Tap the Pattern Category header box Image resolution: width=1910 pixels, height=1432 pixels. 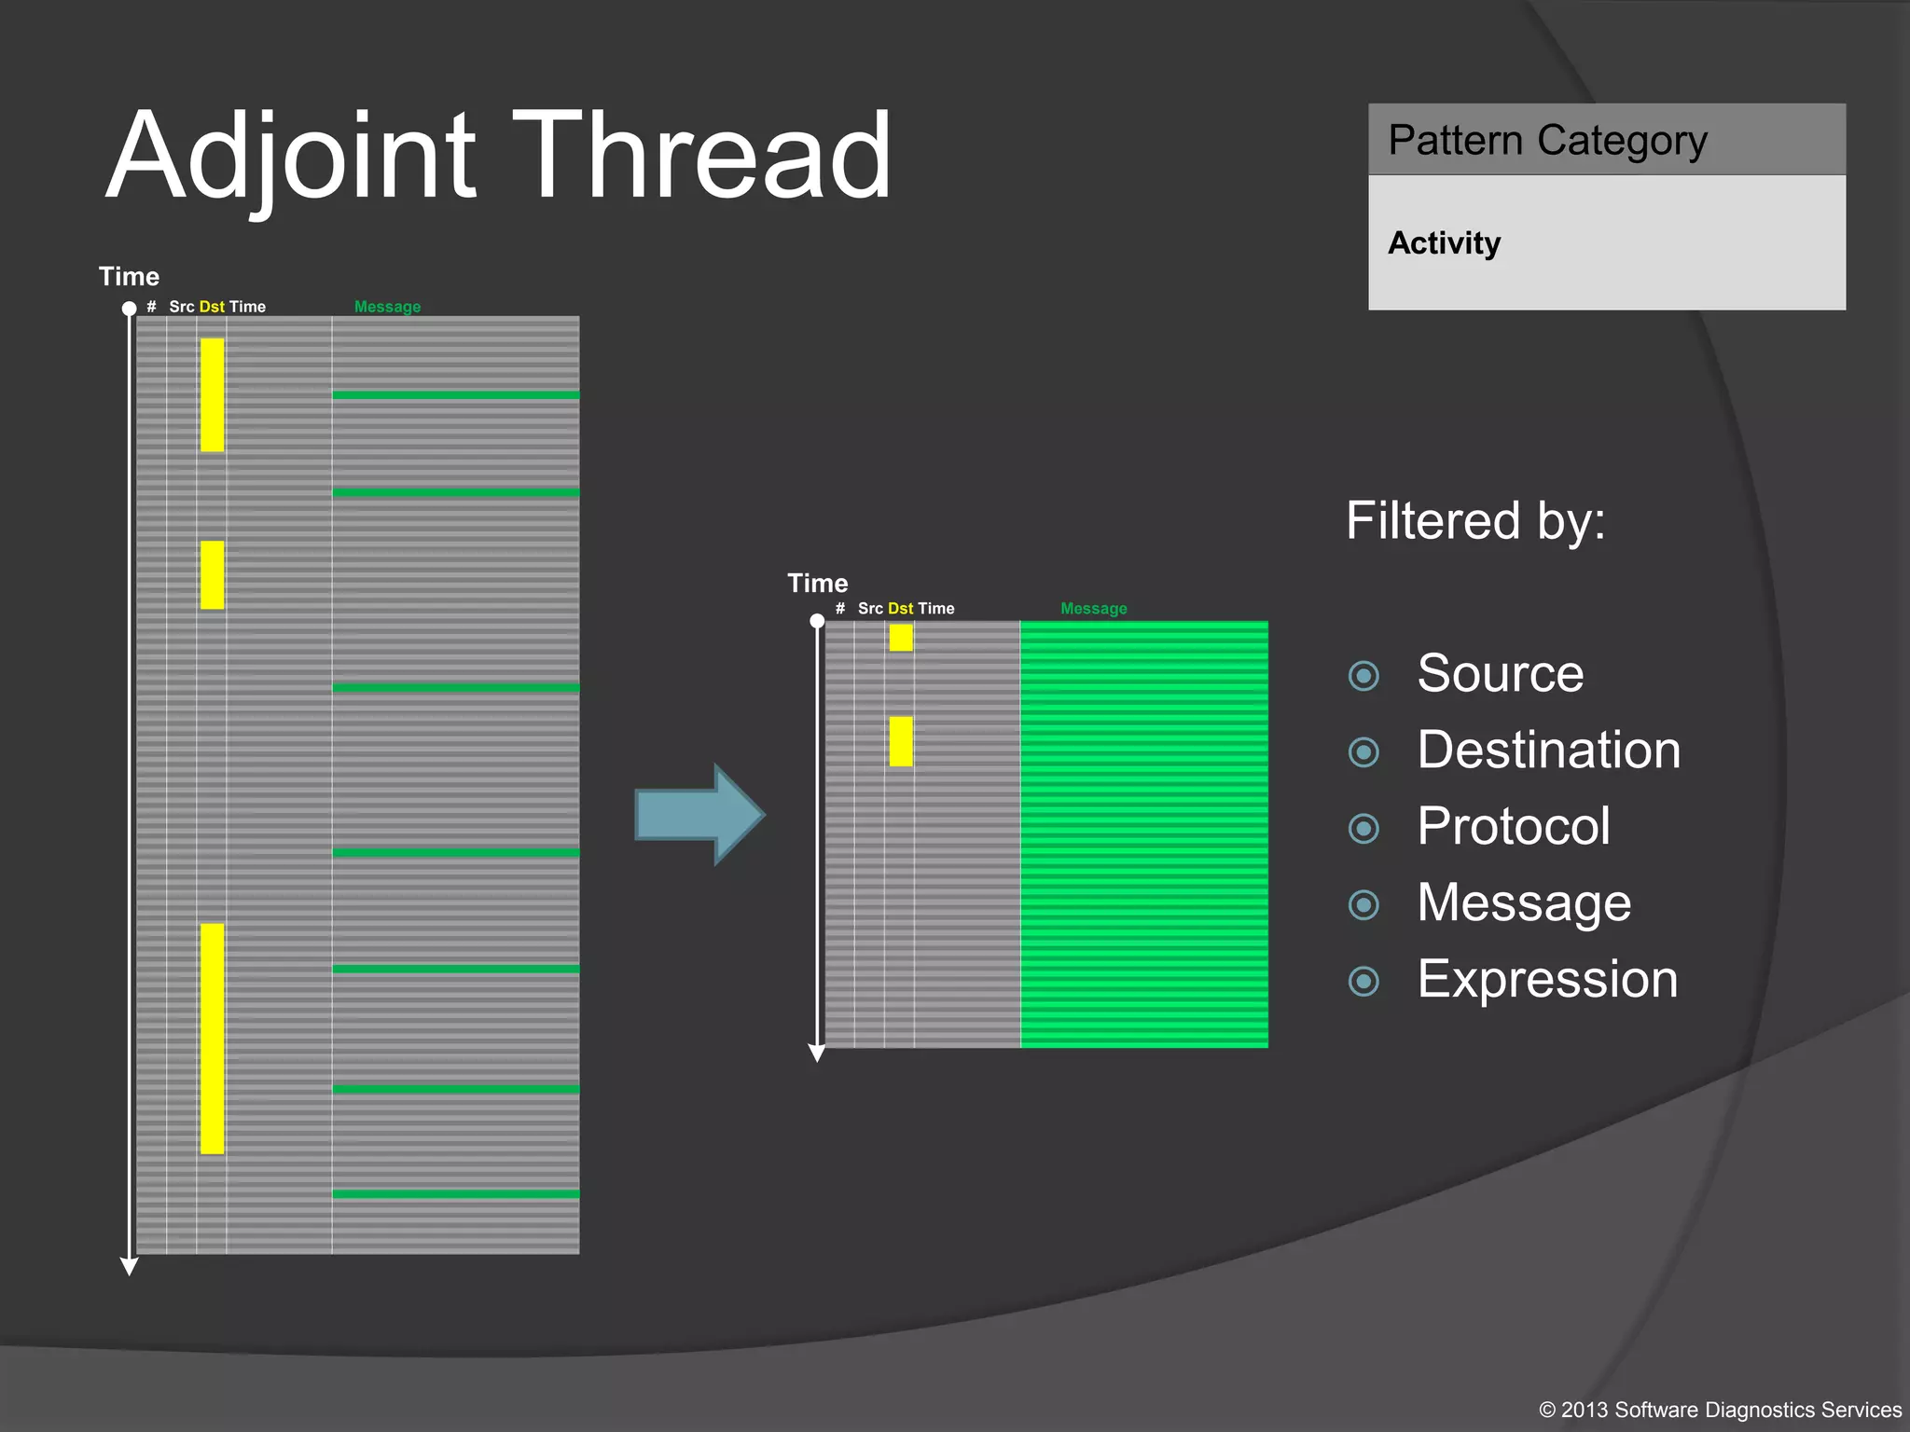(1606, 140)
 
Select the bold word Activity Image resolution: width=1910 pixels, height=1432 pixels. (1444, 243)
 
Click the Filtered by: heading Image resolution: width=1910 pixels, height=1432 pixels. (1474, 520)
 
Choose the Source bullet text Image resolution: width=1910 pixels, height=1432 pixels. (1500, 673)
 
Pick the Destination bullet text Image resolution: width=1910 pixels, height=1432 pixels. (1548, 750)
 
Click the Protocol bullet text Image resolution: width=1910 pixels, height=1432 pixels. (1513, 826)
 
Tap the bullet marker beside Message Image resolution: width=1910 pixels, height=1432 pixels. (1363, 904)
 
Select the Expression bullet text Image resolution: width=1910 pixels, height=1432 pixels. (1547, 979)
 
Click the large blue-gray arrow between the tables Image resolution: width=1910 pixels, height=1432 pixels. (699, 815)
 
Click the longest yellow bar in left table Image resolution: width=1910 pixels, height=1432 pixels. (212, 1039)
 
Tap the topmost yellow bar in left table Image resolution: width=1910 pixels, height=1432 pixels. (212, 394)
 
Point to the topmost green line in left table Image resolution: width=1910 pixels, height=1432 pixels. (455, 395)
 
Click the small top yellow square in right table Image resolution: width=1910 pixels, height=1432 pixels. (900, 638)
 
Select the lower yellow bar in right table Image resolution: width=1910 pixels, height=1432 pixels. (900, 741)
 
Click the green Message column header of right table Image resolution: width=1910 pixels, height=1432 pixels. (1093, 609)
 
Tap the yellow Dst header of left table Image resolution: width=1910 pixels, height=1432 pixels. (212, 307)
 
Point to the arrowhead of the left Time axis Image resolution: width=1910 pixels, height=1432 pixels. (130, 1266)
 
